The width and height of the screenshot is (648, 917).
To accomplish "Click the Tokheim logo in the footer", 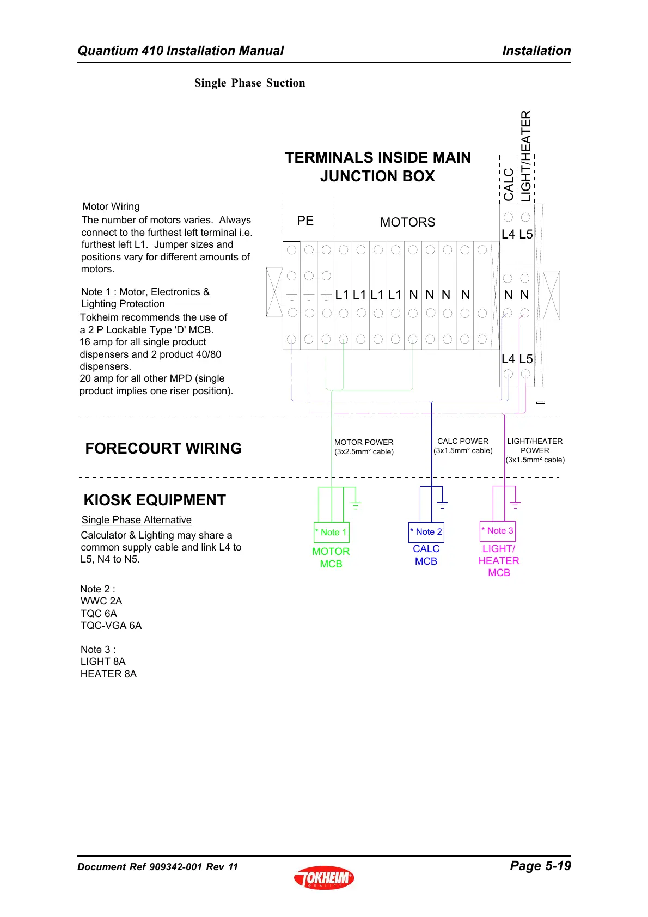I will [324, 877].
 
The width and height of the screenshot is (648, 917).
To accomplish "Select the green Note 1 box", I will [331, 532].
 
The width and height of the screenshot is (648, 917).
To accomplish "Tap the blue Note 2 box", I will [426, 532].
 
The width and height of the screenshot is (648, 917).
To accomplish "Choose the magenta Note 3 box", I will [498, 531].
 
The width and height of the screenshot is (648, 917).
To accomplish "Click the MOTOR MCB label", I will [331, 558].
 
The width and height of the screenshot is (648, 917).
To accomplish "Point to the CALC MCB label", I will [426, 555].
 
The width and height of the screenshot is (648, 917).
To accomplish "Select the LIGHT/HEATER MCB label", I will [499, 561].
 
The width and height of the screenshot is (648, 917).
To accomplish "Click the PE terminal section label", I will [305, 221].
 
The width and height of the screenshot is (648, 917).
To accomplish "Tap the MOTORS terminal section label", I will [407, 222].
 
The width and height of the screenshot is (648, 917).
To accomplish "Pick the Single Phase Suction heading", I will [249, 83].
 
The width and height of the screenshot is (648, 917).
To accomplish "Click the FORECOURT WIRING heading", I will [163, 448].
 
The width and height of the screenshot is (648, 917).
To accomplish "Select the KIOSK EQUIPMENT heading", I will [155, 500].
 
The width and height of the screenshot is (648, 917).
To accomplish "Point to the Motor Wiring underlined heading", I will [111, 206].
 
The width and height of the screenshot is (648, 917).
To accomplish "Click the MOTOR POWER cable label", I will [364, 447].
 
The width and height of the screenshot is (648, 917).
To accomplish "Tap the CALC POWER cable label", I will [463, 445].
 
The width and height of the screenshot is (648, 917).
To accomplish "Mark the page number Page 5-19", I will [540, 866].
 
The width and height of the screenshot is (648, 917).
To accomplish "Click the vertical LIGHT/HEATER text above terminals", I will [525, 156].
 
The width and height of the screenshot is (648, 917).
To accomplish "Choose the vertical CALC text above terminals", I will [508, 184].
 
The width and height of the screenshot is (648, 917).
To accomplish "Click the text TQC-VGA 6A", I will [111, 625].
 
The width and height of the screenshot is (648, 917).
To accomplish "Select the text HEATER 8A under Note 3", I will [108, 674].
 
